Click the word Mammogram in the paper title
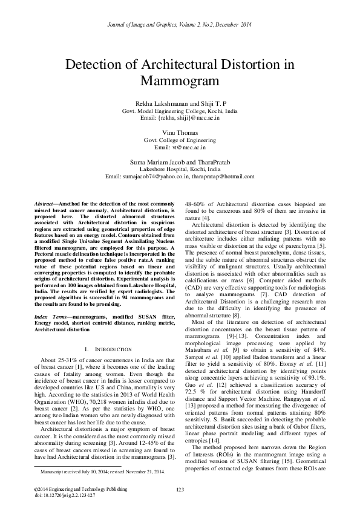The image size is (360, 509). [180, 80]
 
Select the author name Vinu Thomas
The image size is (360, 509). [180, 131]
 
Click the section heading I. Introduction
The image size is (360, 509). [106, 349]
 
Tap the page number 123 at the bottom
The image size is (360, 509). [180, 489]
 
